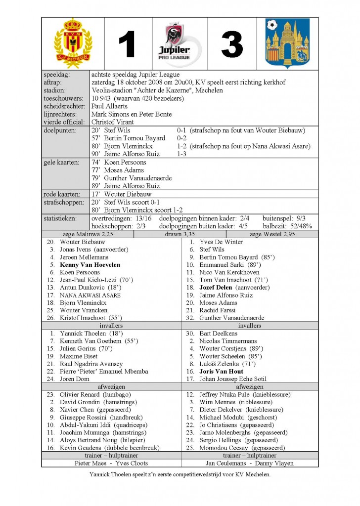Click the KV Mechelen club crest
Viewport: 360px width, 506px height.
73,43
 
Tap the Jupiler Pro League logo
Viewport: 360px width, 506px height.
180,43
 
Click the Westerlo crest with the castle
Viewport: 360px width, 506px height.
287,43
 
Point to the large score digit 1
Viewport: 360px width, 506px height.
127,44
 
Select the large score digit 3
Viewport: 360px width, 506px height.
232,44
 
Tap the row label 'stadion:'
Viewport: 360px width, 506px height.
55,90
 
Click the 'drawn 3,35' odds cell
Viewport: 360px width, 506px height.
180,234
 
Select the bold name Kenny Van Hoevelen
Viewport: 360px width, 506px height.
90,265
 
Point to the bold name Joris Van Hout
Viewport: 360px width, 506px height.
221,371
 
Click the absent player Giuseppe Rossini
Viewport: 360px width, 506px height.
85,417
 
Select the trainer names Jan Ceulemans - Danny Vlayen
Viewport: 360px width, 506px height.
249,463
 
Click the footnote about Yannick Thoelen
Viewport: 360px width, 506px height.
180,474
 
